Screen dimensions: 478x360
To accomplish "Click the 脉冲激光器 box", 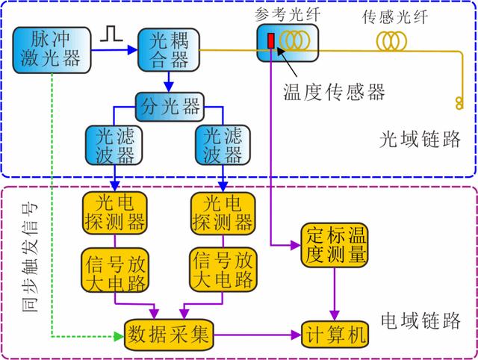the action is (52, 50).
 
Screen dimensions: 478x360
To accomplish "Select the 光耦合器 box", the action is (169, 50).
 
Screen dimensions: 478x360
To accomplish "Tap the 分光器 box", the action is (170, 107).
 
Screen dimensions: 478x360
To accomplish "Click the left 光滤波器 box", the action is (114, 145).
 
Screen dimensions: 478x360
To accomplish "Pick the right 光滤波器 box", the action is (223, 145).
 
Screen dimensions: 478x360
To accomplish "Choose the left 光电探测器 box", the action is (115, 213).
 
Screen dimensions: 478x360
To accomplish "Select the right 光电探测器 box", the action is (223, 213).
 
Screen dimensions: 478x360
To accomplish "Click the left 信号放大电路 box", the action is (115, 270).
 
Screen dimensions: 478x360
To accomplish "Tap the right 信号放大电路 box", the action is (223, 270).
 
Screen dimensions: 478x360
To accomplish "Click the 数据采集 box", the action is (169, 335).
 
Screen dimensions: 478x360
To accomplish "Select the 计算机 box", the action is (335, 335).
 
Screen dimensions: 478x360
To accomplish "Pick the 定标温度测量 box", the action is (335, 245).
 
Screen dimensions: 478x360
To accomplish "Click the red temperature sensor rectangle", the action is (270, 41).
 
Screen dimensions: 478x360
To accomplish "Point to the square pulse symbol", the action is (111, 34).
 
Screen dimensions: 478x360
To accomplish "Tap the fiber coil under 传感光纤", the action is (391, 41).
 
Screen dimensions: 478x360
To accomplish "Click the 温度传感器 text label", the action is (334, 92).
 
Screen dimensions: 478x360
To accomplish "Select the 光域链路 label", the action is (420, 140).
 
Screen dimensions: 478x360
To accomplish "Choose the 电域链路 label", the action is (420, 320).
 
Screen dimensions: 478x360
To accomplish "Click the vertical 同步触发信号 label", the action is (30, 257).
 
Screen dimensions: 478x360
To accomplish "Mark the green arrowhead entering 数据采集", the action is (119, 337).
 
